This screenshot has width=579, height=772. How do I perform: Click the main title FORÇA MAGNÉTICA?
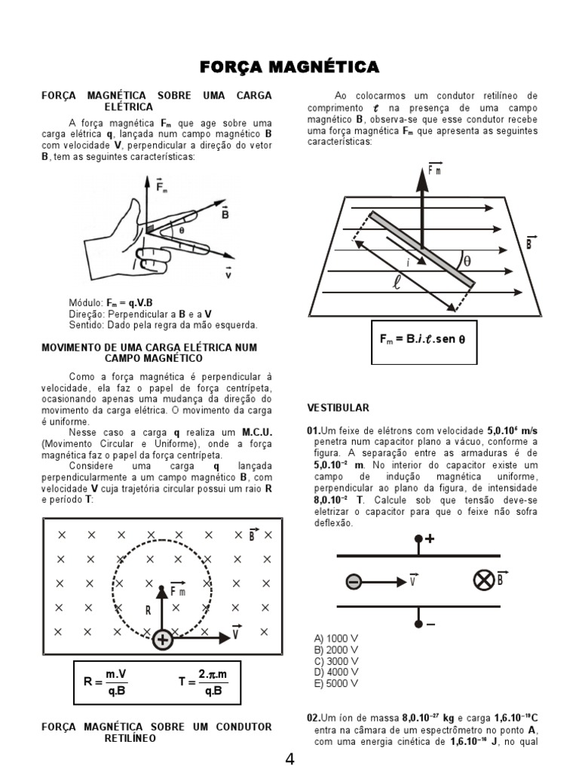(289, 69)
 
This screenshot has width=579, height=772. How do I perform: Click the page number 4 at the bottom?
(289, 759)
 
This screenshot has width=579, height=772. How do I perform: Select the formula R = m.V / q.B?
(116, 682)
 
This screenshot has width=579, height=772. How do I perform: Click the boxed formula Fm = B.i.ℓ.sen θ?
(422, 339)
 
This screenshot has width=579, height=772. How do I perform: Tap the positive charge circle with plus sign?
(162, 639)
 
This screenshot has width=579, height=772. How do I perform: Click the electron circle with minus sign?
(354, 581)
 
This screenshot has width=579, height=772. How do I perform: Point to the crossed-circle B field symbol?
(482, 581)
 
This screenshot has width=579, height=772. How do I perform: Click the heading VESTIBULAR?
(338, 408)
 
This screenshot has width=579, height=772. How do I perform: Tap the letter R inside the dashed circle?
(149, 611)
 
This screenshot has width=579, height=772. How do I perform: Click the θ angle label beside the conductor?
(467, 261)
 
